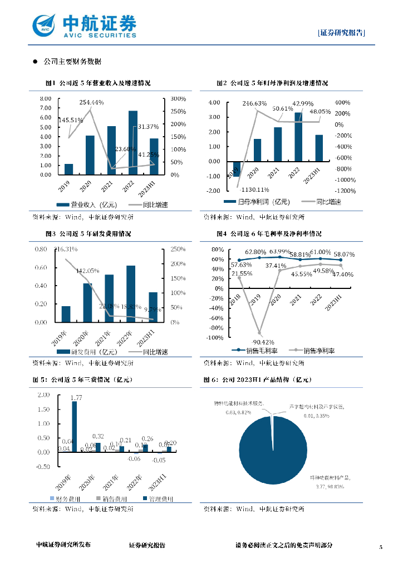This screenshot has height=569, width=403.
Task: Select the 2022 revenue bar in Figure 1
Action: [x=132, y=143]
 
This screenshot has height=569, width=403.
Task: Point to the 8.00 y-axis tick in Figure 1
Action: [x=46, y=98]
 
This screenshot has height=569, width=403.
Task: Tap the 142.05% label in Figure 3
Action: [x=88, y=271]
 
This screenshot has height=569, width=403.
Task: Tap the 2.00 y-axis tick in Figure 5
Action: [x=43, y=395]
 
